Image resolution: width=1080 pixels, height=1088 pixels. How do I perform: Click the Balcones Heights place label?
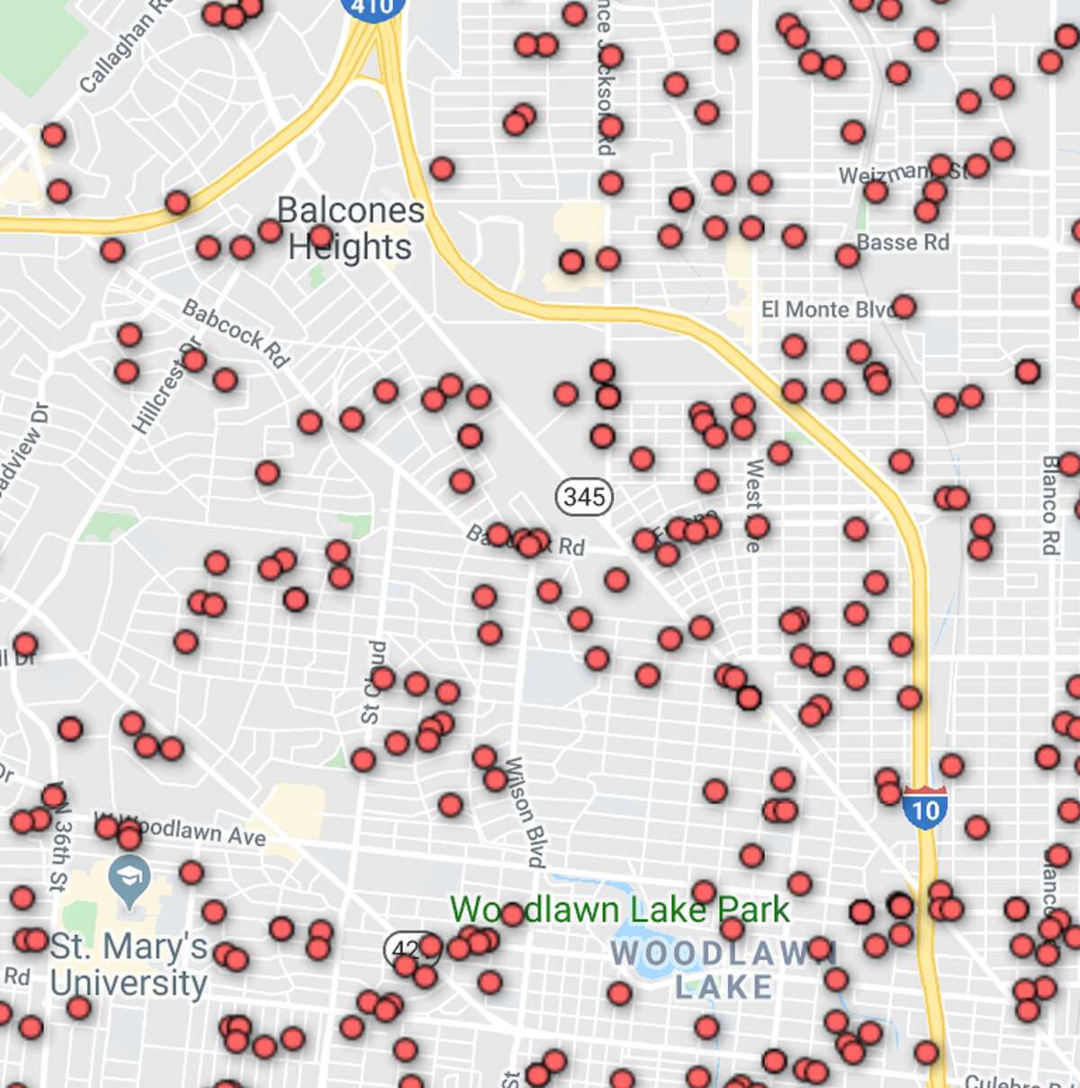tap(350, 228)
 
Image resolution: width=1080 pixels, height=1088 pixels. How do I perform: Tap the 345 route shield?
tap(584, 496)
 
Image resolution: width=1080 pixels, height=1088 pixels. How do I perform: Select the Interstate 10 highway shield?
tap(924, 807)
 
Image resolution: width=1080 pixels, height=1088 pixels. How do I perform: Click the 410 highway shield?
tap(372, 7)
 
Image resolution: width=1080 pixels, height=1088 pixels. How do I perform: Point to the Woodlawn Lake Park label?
tap(619, 910)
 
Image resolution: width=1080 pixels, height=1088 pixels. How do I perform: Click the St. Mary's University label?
tap(129, 965)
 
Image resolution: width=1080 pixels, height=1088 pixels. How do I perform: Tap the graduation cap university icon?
tap(128, 872)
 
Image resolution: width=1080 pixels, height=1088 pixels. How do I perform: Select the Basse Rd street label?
tap(903, 242)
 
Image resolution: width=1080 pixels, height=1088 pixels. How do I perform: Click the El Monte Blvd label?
tap(826, 310)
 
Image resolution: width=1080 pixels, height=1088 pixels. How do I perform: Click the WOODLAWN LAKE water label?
tap(724, 969)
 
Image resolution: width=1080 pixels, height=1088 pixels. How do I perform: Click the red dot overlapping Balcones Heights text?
tap(320, 238)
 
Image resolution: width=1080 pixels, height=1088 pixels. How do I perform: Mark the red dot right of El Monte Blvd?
tap(904, 307)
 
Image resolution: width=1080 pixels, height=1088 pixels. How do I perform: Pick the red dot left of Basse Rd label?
tap(847, 256)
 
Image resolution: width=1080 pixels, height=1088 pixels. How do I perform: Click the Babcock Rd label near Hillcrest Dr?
tap(236, 333)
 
